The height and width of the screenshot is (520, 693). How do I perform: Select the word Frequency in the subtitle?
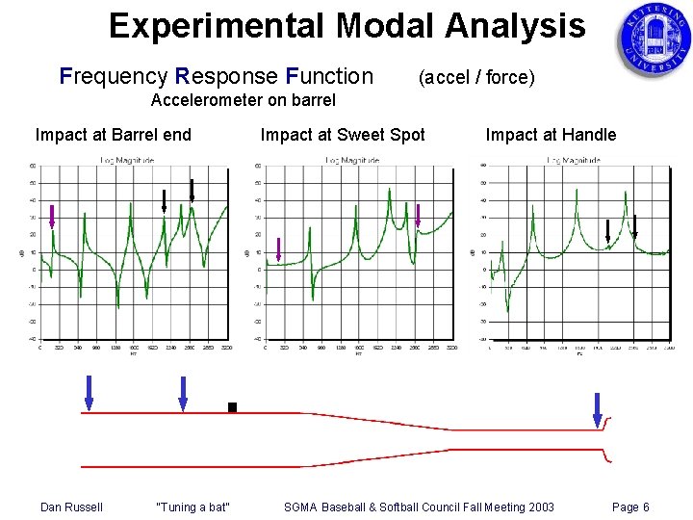click(x=111, y=76)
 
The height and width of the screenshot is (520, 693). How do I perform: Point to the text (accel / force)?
click(x=475, y=77)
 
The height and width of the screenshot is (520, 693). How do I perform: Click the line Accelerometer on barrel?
click(x=244, y=100)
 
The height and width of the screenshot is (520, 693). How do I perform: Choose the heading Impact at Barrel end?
click(x=114, y=135)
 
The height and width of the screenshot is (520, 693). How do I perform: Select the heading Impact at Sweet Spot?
click(x=343, y=135)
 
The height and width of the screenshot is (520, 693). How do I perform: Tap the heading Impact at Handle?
click(x=551, y=135)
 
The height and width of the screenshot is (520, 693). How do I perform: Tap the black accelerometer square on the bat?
click(x=232, y=407)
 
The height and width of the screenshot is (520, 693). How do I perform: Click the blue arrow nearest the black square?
click(x=183, y=392)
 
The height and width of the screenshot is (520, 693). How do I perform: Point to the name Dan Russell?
click(x=71, y=507)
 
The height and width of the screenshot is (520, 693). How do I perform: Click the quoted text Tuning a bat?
click(x=192, y=507)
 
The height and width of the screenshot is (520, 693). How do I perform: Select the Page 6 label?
click(x=630, y=507)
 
